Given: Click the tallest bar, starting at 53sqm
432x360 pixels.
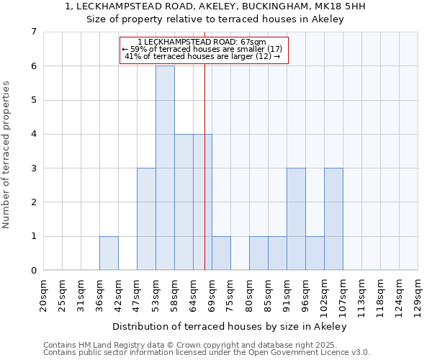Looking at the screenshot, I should coord(165,168).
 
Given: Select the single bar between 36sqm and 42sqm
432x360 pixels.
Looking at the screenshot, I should coord(109,253).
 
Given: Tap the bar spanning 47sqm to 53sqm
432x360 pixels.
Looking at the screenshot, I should coord(146,219).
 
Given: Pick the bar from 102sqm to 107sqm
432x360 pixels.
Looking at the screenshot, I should coord(333,219).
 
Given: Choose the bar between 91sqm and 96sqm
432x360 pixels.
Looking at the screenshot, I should coord(296,219).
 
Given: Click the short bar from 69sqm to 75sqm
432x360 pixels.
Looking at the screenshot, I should coord(221,253).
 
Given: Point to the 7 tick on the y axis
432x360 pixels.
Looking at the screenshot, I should coord(33,32).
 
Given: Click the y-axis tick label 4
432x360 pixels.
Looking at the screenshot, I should coord(33,134).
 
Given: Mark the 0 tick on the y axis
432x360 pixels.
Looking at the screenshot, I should coord(33,271).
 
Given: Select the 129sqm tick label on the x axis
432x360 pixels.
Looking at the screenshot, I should coord(418,294).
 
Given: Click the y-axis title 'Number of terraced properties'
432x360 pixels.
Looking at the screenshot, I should coord(7,155).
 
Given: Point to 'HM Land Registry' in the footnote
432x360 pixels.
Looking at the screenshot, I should coord(104,345).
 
